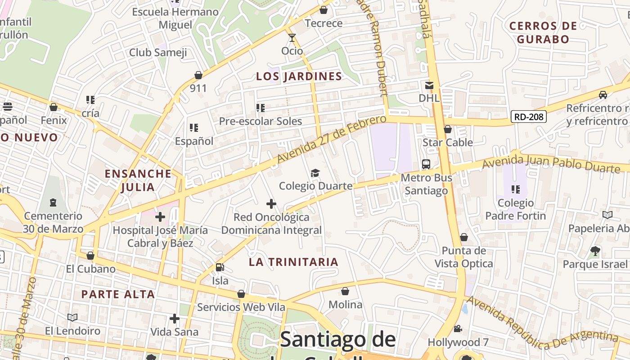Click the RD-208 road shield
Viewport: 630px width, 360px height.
(x=529, y=117)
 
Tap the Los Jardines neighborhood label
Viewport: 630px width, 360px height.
(x=299, y=76)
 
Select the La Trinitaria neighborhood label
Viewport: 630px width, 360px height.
(x=293, y=262)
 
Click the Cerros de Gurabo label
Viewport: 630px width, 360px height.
(x=543, y=32)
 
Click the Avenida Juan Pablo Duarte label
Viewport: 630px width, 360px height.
(x=551, y=163)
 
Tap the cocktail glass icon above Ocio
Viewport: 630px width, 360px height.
(x=292, y=37)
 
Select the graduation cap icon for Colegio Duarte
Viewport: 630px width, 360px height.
(x=315, y=173)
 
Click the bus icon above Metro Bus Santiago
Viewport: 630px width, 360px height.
(x=426, y=164)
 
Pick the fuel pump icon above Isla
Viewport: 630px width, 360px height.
(x=220, y=267)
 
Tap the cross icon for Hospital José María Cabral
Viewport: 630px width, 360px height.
(x=160, y=217)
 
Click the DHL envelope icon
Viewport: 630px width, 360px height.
(x=429, y=85)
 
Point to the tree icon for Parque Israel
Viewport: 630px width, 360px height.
(x=595, y=251)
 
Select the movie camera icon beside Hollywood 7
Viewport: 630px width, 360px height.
(x=458, y=329)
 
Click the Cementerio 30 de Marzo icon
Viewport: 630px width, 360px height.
(x=53, y=202)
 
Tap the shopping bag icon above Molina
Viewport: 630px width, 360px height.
(x=345, y=292)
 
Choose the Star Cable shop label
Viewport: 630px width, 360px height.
(x=448, y=143)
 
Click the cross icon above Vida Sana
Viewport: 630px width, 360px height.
(x=175, y=319)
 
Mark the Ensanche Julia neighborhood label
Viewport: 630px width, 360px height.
(x=138, y=180)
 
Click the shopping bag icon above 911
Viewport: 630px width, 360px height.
(x=198, y=75)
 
